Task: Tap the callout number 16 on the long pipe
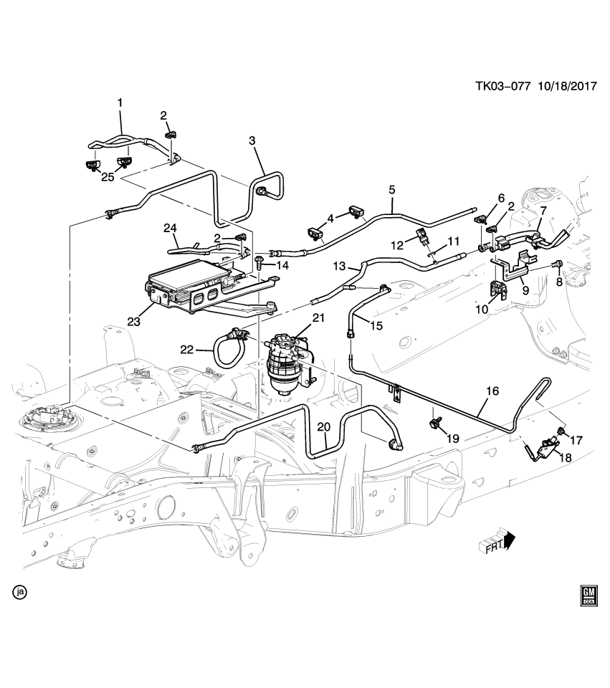tap(492, 391)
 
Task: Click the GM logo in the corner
tap(588, 596)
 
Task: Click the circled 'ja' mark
tap(20, 592)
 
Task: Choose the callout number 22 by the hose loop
tap(187, 349)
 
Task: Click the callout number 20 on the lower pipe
tap(323, 427)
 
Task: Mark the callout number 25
tap(108, 177)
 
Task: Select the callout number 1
tap(120, 103)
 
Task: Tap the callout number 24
tap(170, 229)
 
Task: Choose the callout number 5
tap(392, 190)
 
